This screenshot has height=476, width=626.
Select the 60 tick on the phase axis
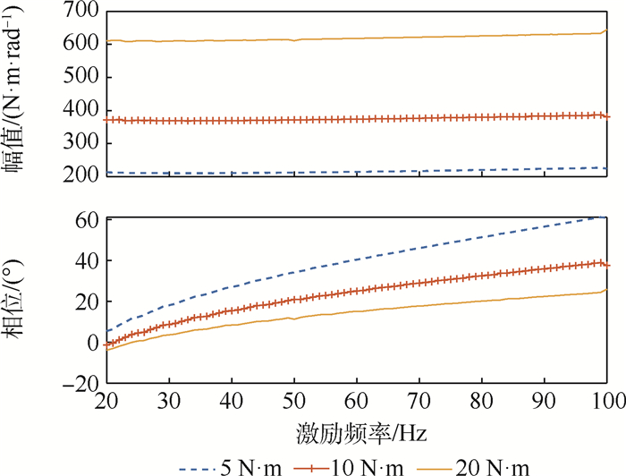tap(85, 219)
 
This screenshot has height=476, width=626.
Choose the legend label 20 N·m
tap(496, 466)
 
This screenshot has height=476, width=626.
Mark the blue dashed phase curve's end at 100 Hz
tap(606, 217)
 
